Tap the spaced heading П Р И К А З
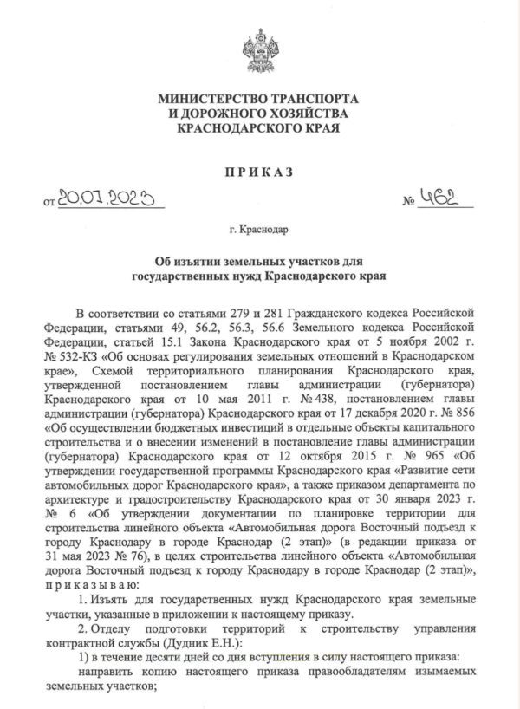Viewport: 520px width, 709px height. coord(258,172)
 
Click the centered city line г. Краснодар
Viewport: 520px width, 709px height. coord(259,231)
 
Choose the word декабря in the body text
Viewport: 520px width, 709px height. coord(375,413)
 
